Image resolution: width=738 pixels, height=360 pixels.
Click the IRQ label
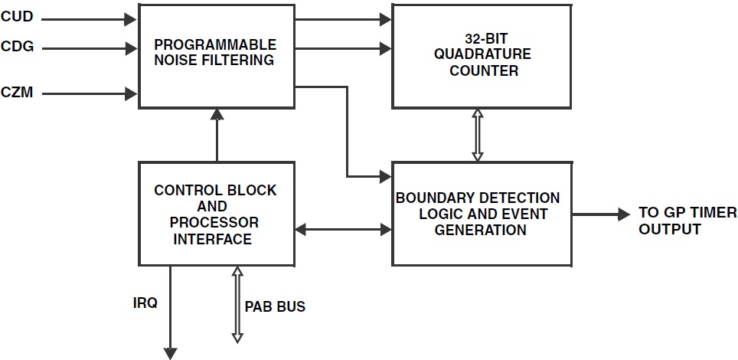pyautogui.click(x=145, y=303)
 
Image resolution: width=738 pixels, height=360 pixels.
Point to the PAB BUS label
pyautogui.click(x=275, y=306)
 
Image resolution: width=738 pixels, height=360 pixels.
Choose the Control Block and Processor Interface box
pyautogui.click(x=215, y=214)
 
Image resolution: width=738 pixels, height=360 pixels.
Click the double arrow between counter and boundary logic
pyautogui.click(x=478, y=135)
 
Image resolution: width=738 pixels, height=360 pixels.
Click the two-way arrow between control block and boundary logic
pyautogui.click(x=343, y=228)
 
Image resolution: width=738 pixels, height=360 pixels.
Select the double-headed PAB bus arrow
pyautogui.click(x=237, y=304)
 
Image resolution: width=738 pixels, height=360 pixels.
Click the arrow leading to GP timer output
pyautogui.click(x=601, y=214)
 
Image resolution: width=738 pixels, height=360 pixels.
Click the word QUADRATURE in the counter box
pyautogui.click(x=482, y=55)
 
